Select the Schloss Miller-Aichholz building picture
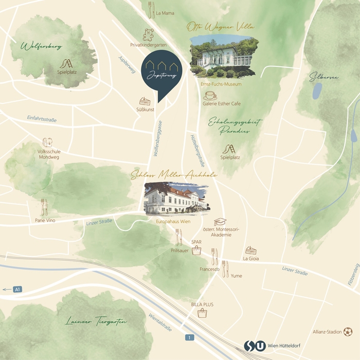[176, 198]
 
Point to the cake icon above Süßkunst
[145, 102]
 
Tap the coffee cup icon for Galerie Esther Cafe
[210, 96]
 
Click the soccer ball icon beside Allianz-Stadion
[348, 332]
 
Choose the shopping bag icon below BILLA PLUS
[202, 314]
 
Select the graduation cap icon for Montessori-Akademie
[220, 222]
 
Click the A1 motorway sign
[17, 289]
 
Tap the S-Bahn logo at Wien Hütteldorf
[250, 346]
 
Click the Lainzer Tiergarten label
[96, 322]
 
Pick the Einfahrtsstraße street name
[42, 119]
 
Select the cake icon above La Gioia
[250, 250]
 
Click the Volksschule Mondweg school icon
[47, 142]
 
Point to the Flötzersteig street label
[354, 275]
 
